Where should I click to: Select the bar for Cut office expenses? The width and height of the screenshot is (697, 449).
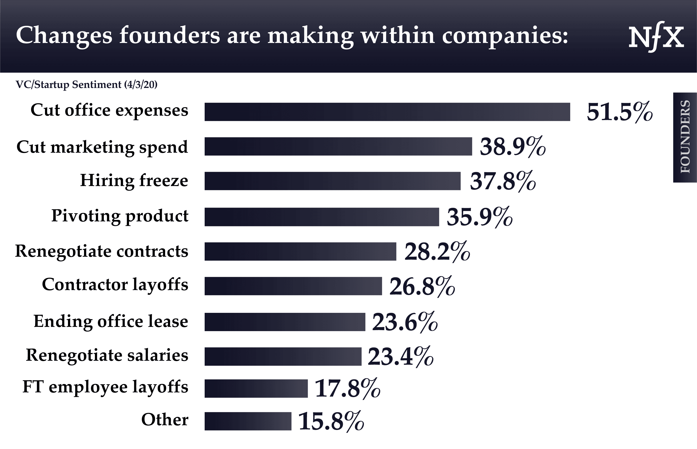pos(387,112)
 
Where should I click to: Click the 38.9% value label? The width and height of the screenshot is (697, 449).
pos(512,147)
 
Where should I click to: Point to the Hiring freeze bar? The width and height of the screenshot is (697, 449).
pos(332,181)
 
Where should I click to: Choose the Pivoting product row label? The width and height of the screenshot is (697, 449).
pos(120,216)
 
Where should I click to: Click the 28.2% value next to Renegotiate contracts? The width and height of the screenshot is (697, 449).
pos(437,252)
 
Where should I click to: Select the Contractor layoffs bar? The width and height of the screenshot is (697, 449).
pos(293,286)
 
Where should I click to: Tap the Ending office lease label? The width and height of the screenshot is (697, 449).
pos(111,321)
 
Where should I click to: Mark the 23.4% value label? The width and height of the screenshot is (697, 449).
pos(400,357)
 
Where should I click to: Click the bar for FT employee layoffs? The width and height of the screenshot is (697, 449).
pos(256,388)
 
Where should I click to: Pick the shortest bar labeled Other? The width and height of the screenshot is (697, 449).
pos(248,421)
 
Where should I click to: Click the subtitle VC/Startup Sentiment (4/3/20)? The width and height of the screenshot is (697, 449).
pos(87,85)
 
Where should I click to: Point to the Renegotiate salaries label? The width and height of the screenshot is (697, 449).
pos(107,355)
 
